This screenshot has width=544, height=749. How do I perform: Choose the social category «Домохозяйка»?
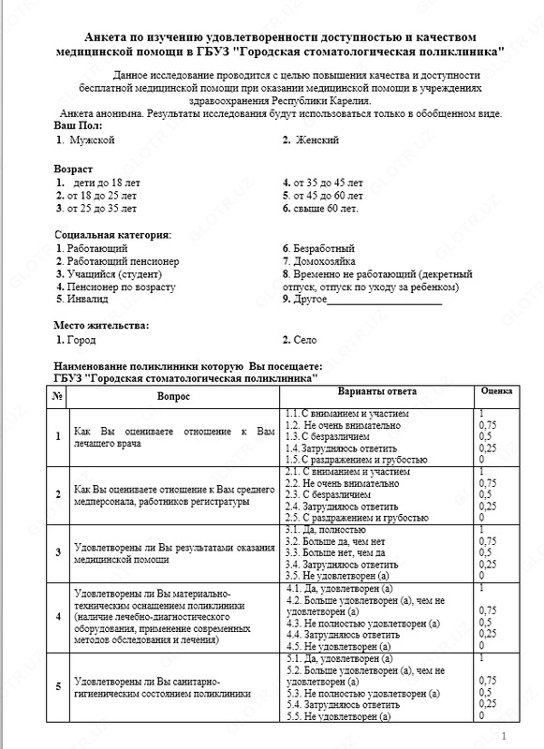[324, 261]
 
